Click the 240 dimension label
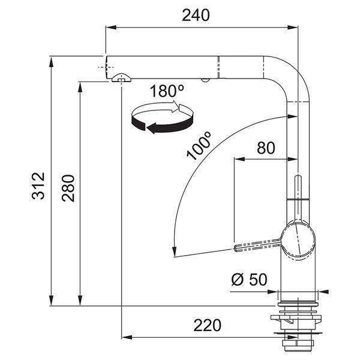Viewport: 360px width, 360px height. (x=196, y=15)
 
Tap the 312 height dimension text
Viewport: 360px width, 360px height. (x=38, y=186)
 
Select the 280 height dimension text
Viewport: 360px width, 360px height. (x=68, y=188)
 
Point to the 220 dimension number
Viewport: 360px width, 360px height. (x=208, y=325)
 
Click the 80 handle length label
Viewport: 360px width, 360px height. (x=266, y=148)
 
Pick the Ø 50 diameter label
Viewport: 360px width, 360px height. (x=250, y=279)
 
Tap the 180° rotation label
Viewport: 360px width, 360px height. (x=167, y=91)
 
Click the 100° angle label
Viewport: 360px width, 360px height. (x=199, y=146)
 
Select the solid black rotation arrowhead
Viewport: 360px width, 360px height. (x=152, y=128)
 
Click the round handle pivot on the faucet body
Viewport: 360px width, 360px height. (x=298, y=240)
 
